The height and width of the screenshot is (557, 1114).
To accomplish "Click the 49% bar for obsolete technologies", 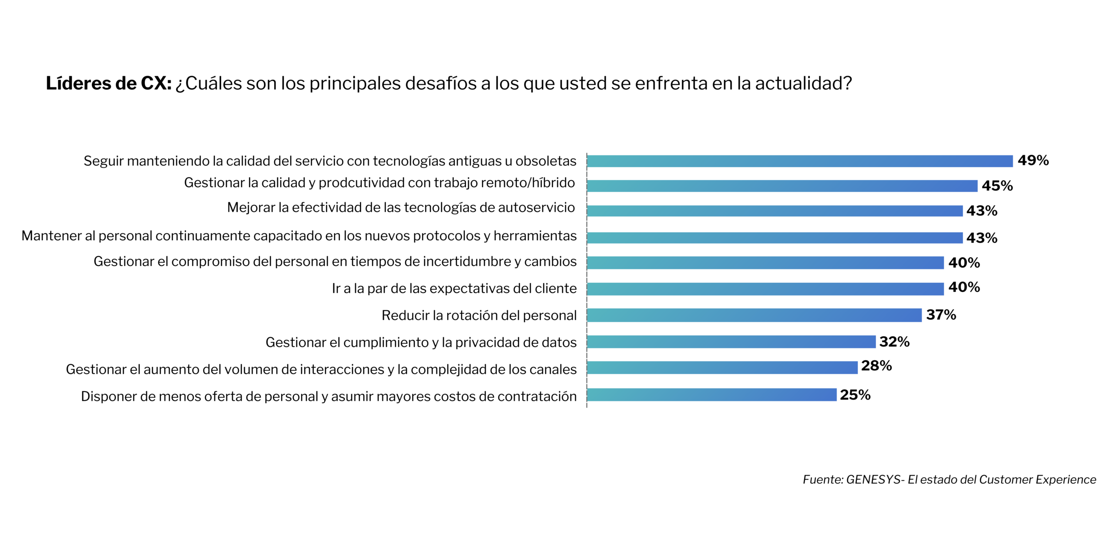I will [799, 161].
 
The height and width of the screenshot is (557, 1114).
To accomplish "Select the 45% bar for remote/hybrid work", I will [782, 186].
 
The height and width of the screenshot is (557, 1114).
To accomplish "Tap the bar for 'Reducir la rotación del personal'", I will [754, 315].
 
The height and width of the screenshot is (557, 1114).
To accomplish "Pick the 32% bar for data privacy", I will [731, 342].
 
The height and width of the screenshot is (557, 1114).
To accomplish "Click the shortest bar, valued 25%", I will [711, 395].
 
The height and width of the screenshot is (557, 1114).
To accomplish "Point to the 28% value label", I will [876, 366].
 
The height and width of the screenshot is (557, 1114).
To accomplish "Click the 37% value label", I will [941, 315].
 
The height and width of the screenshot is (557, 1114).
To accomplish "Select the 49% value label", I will [1033, 161].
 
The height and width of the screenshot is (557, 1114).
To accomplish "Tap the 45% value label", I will [997, 186].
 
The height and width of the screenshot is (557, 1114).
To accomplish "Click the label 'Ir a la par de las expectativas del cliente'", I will [454, 289].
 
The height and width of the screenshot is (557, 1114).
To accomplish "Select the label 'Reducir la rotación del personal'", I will [479, 315].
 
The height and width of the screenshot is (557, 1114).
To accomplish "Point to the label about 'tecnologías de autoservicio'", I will [401, 208].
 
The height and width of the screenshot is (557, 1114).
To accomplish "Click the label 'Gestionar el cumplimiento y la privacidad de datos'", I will [421, 342].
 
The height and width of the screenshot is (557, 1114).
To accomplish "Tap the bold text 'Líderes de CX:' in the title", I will [109, 84].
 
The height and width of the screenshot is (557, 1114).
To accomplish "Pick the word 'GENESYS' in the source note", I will [873, 480].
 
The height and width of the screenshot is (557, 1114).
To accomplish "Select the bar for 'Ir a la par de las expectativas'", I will [765, 289].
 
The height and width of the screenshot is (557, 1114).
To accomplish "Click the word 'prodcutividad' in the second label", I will [361, 183].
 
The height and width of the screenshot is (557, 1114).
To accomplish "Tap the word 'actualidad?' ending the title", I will [803, 84].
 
